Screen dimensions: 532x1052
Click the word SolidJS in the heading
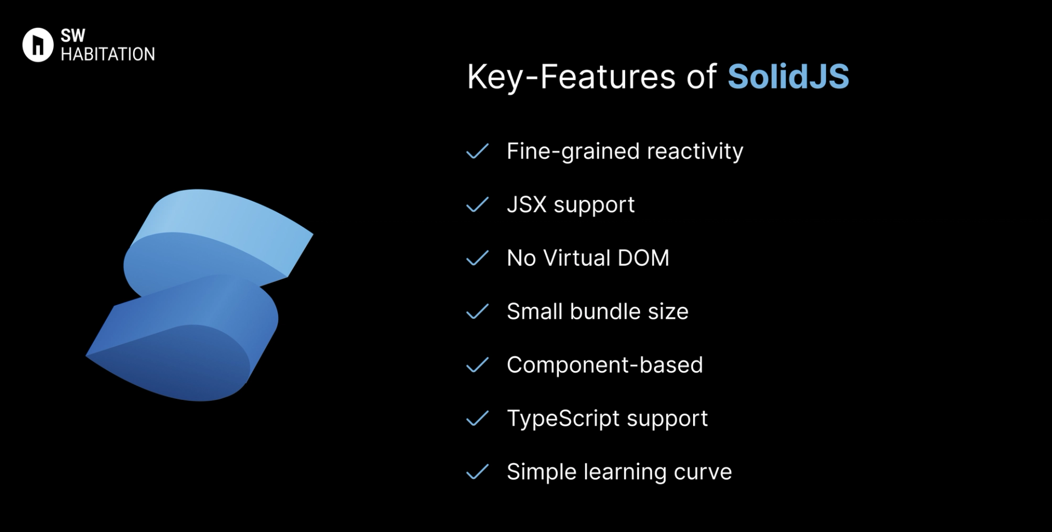[788, 76]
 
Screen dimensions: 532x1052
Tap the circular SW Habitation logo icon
[37, 45]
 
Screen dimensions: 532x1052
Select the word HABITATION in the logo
[107, 54]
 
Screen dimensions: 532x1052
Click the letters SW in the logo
[73, 36]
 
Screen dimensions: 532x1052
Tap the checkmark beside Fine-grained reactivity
[477, 151]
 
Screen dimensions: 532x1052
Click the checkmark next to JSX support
[477, 205]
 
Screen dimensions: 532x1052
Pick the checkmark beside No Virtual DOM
[477, 258]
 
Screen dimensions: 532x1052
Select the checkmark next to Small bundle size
[477, 312]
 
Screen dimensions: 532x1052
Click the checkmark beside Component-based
[477, 365]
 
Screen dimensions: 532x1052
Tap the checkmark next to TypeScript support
[477, 419]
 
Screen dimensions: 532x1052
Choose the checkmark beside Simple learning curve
[477, 472]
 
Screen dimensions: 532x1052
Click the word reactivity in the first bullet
[695, 152]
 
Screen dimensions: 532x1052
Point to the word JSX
[527, 204]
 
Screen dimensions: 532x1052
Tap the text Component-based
[604, 365]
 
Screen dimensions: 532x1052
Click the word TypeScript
[563, 419]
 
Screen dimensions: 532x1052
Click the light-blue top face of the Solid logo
[230, 219]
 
